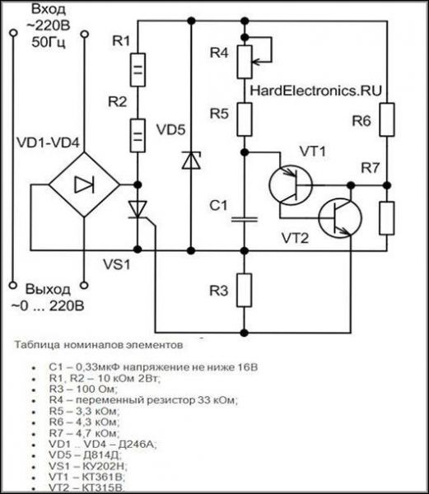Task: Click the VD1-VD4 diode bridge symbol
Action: tap(84, 185)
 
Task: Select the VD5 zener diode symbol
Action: tap(191, 160)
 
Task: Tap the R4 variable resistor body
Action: tap(245, 62)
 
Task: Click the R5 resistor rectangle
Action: tap(245, 119)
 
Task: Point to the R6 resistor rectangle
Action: tap(387, 119)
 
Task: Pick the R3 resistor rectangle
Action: tap(244, 290)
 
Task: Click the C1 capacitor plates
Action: tap(245, 219)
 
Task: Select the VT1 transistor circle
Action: tap(291, 185)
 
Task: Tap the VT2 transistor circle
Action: tap(340, 218)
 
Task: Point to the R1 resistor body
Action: tap(138, 70)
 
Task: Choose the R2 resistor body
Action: tap(138, 136)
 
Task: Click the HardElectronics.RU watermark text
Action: tap(315, 91)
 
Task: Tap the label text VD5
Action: tap(171, 130)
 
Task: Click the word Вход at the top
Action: tap(49, 9)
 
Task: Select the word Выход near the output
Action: tap(48, 289)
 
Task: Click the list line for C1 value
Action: tap(153, 367)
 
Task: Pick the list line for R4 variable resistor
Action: tap(143, 400)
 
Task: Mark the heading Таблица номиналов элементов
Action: tap(99, 345)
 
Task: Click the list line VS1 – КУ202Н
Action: tap(88, 466)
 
